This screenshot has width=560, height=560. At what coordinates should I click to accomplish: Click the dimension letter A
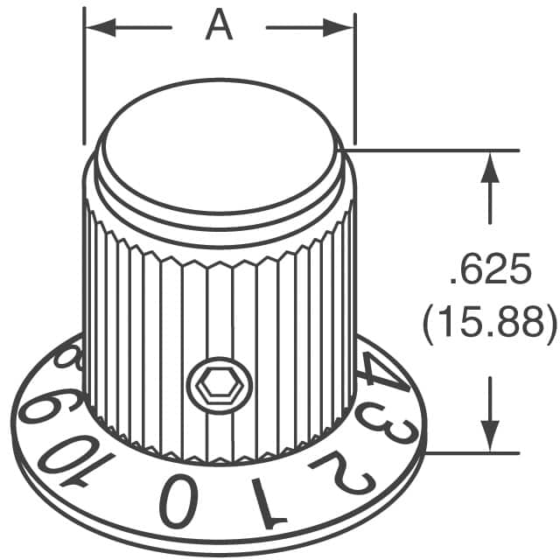pyautogui.click(x=219, y=26)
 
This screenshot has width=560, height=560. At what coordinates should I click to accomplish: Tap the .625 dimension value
pyautogui.click(x=489, y=273)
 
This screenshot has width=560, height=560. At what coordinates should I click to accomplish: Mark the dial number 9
pyautogui.click(x=44, y=408)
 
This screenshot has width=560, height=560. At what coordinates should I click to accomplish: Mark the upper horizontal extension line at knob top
pyautogui.click(x=437, y=150)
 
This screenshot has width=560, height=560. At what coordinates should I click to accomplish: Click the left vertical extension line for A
pyautogui.click(x=84, y=79)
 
